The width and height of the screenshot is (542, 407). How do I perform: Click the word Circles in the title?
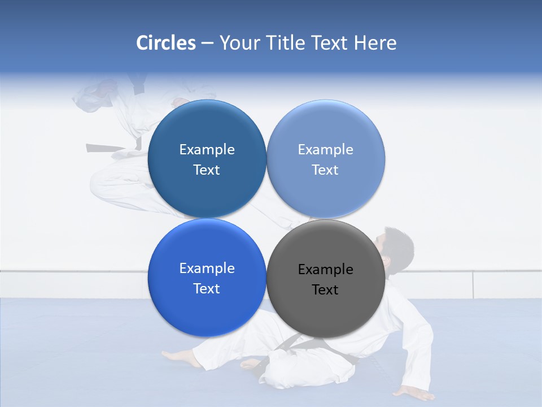click(166, 43)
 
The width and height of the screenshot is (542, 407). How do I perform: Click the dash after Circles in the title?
click(207, 44)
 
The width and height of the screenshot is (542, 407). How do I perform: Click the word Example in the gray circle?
click(325, 270)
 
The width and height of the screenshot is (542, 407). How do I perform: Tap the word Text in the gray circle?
click(325, 290)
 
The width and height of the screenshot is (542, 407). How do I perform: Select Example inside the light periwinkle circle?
click(325, 150)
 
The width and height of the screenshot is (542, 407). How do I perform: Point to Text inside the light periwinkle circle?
click(325, 170)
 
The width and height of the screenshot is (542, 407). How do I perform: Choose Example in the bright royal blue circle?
click(207, 269)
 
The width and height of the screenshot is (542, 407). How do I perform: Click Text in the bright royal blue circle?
click(207, 289)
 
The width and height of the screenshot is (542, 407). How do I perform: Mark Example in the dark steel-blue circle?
click(207, 150)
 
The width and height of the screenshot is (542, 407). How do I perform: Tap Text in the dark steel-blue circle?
click(207, 170)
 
